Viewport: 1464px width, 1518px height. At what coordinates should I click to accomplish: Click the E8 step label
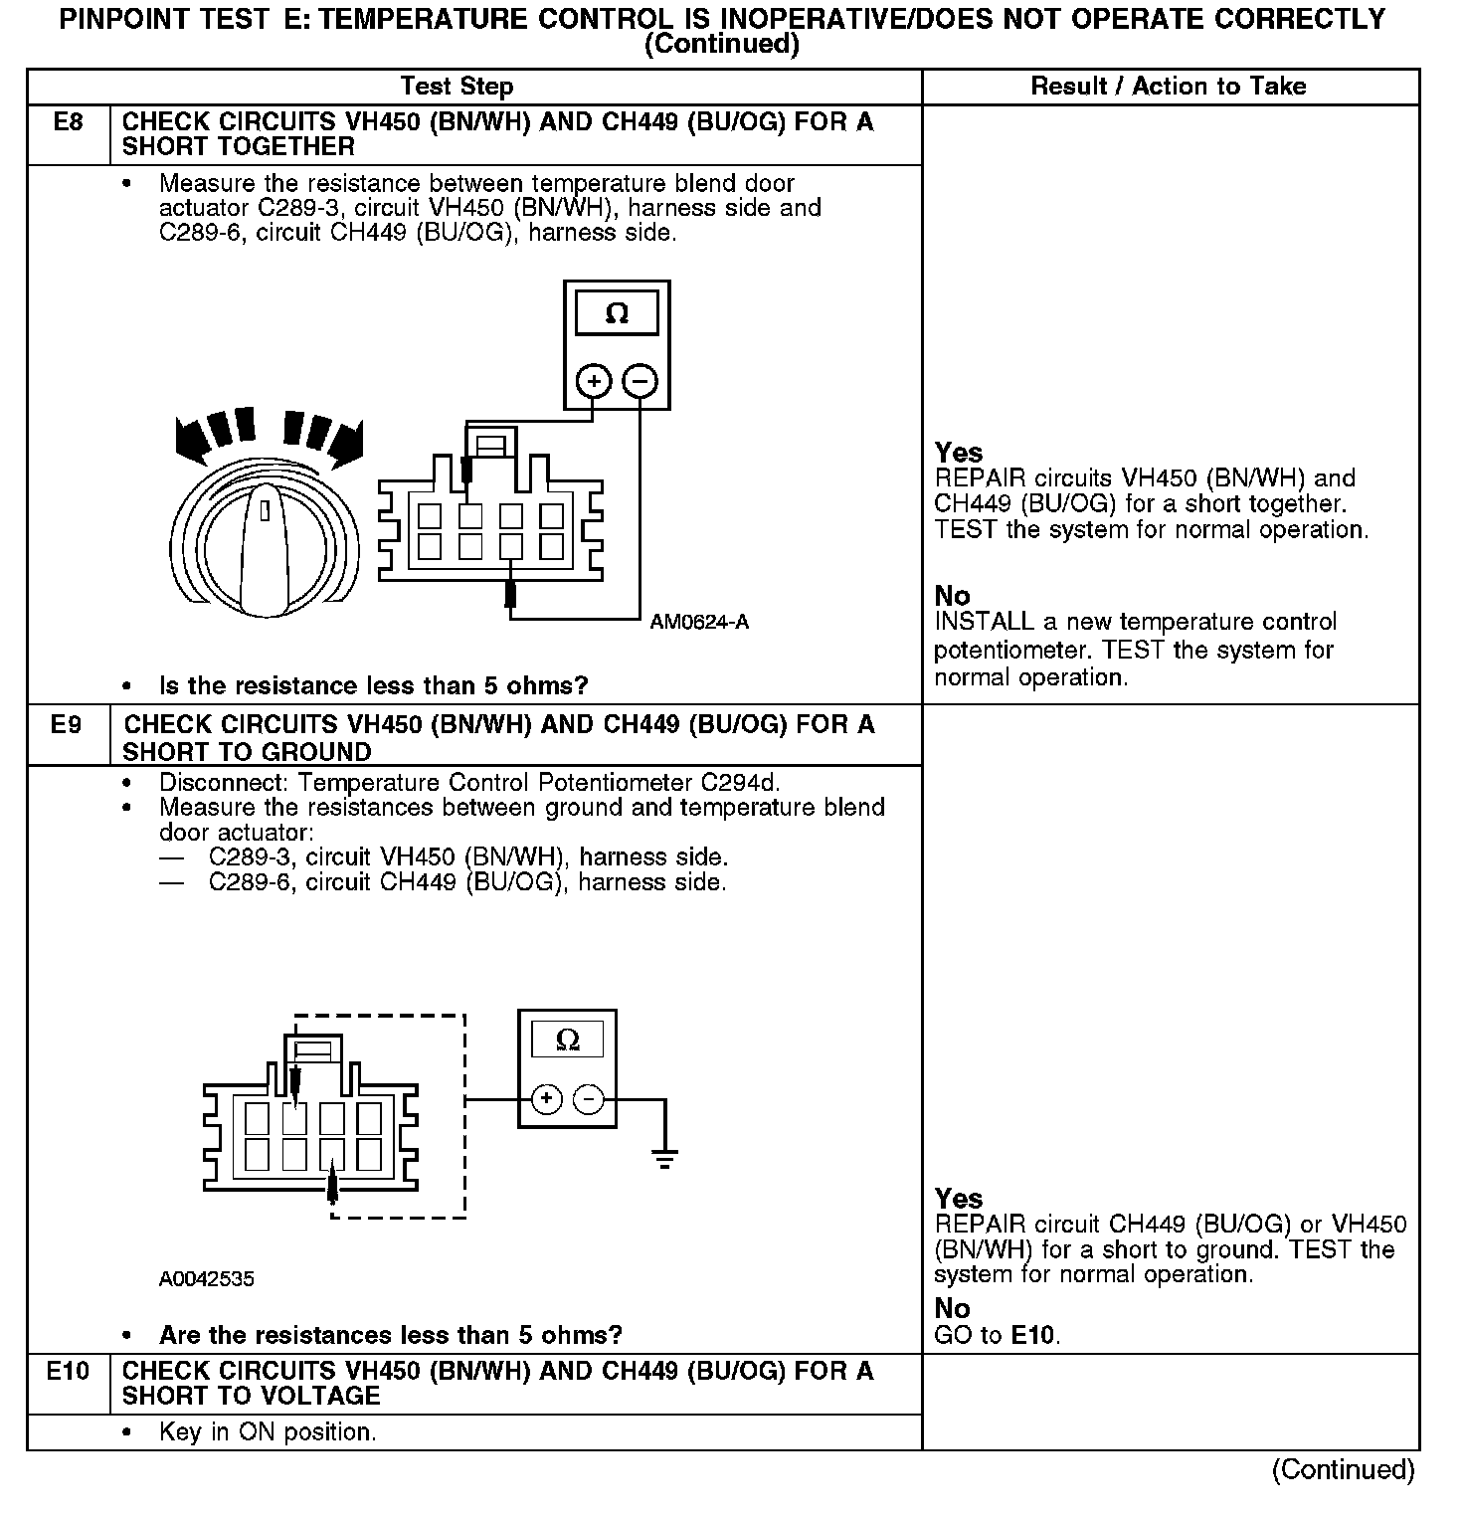[68, 122]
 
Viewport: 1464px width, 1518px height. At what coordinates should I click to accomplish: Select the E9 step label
[66, 725]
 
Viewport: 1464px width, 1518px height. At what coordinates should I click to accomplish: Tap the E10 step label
[68, 1372]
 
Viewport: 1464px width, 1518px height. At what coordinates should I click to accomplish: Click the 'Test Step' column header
[457, 87]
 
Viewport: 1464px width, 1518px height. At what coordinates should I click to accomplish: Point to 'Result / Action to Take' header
[1168, 87]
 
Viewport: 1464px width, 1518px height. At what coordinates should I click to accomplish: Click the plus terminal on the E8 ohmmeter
[594, 381]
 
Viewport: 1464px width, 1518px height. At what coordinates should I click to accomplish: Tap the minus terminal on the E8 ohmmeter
[640, 381]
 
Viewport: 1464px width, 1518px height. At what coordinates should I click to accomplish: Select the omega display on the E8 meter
[617, 313]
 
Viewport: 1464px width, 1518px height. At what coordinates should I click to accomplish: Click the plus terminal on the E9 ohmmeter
[546, 1099]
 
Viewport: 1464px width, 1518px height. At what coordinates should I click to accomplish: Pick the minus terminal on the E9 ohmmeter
[589, 1099]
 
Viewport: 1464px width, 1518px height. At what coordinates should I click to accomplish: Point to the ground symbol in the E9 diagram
[665, 1157]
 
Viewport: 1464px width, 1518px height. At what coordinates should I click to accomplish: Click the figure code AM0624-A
[699, 623]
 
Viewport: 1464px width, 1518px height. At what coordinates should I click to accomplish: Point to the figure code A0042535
[206, 1279]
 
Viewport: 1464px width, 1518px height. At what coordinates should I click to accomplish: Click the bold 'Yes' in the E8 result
[958, 453]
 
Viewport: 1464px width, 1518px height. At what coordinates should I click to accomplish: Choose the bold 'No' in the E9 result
[952, 1309]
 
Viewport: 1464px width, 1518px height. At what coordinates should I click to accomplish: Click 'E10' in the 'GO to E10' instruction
[1034, 1335]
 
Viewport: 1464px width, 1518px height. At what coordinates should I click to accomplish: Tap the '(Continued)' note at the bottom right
[1342, 1469]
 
